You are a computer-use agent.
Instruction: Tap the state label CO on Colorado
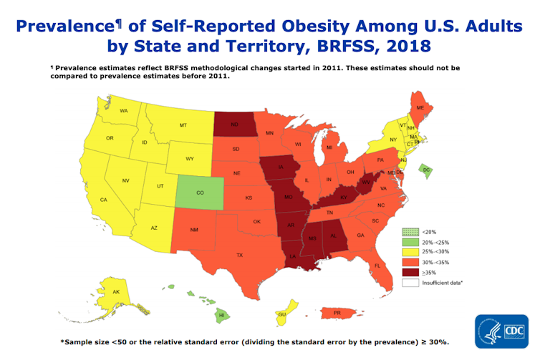(199, 193)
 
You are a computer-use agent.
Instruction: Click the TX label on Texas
(240, 256)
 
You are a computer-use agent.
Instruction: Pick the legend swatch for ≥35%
(408, 273)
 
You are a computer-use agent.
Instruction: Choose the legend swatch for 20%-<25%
(408, 243)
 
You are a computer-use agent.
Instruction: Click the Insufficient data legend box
(408, 283)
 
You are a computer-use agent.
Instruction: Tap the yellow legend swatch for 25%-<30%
(408, 253)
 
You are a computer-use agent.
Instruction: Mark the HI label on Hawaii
(221, 315)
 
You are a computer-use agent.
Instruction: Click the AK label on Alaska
(116, 292)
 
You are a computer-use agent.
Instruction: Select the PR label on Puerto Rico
(336, 313)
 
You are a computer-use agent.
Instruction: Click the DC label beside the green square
(426, 170)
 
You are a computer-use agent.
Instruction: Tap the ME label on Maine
(420, 108)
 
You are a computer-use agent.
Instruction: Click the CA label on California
(104, 200)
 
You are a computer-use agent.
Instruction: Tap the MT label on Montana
(183, 125)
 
